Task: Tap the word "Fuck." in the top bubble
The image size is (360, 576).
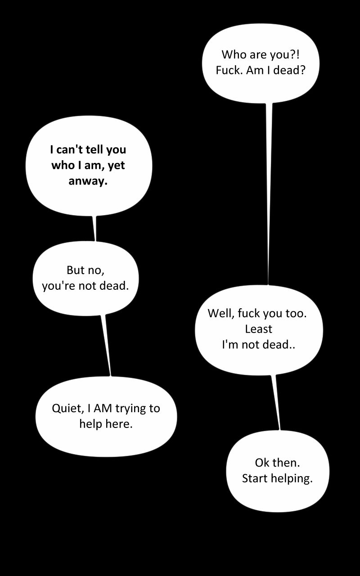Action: [229, 70]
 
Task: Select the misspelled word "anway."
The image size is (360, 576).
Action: [88, 181]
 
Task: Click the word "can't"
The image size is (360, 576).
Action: [69, 149]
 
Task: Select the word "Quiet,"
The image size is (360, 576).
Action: [68, 408]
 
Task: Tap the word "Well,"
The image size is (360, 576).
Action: [220, 314]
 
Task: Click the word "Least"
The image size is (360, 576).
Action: [259, 329]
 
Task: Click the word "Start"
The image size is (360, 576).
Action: [255, 478]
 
